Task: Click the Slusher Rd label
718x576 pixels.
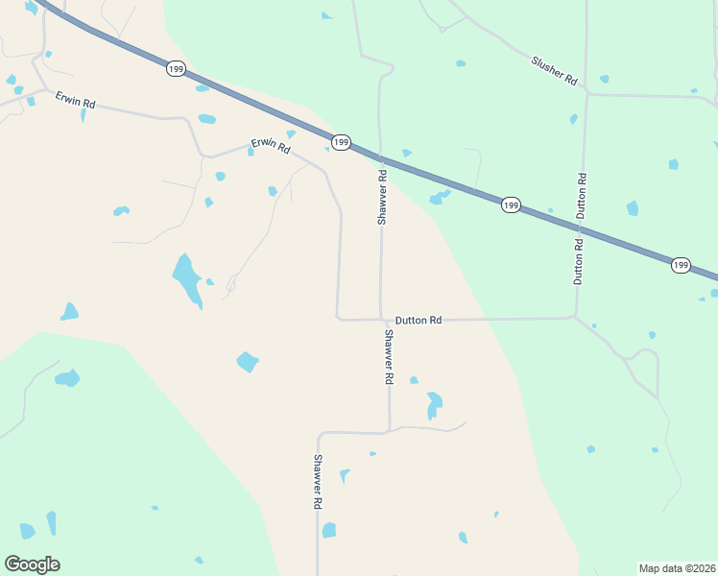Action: (554, 71)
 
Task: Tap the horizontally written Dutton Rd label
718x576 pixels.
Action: (419, 320)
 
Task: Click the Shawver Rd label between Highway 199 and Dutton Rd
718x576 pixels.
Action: (382, 197)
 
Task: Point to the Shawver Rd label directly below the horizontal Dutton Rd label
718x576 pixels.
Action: (389, 357)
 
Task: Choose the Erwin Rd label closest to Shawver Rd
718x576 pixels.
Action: (271, 145)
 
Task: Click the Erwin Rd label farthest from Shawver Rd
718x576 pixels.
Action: (75, 98)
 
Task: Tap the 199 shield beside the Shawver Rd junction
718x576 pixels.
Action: (342, 142)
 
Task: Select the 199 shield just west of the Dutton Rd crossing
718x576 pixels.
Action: (511, 204)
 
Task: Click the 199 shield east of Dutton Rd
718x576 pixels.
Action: (681, 265)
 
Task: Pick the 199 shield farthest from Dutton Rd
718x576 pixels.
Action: (175, 69)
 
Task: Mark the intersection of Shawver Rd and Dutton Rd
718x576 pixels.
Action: (382, 319)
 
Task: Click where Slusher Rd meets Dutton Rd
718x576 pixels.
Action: (586, 94)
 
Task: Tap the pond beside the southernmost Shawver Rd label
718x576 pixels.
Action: (329, 530)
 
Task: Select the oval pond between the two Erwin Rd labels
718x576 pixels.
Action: (206, 119)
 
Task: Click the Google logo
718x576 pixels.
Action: (32, 564)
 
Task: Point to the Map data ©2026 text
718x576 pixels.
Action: (677, 568)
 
